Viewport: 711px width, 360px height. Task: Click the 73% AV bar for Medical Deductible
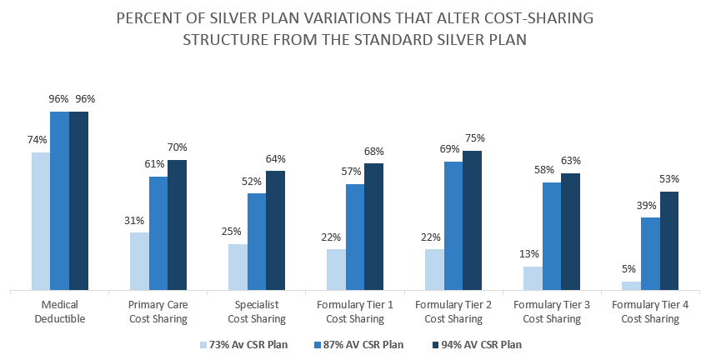pos(41,222)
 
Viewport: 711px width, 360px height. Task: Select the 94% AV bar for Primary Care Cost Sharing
pos(177,225)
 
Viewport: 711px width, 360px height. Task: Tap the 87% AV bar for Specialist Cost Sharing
pos(257,242)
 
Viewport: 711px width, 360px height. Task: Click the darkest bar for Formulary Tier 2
pos(473,221)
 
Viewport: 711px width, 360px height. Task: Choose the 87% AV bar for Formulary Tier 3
pos(552,237)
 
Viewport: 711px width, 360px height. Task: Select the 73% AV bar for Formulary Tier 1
pos(336,270)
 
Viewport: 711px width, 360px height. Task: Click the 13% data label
pos(529,254)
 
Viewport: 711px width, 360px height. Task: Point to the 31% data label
pos(135,221)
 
